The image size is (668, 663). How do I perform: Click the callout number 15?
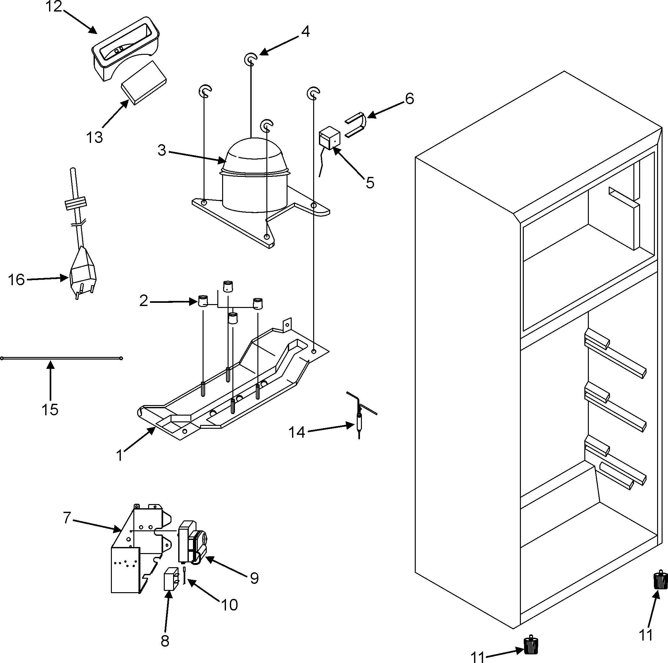pos(50,410)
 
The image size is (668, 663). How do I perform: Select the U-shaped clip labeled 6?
pos(356,124)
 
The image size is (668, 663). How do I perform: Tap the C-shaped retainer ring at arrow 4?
pos(251,60)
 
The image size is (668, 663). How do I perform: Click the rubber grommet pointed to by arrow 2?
pos(203,301)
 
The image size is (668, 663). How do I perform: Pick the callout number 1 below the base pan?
pos(120,456)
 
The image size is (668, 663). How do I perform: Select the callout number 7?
pos(67,518)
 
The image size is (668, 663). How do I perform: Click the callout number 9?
pos(254,578)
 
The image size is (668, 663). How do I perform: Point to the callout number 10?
pos(229,605)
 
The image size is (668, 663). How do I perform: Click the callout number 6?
pos(409,99)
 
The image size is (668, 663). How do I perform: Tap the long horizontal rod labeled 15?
pos(62,358)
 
